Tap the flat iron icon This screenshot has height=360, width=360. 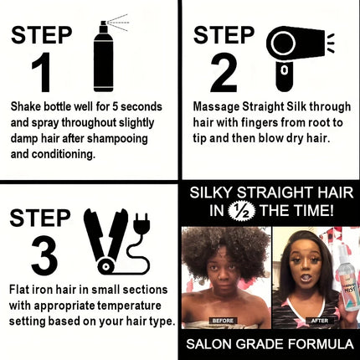108,243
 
